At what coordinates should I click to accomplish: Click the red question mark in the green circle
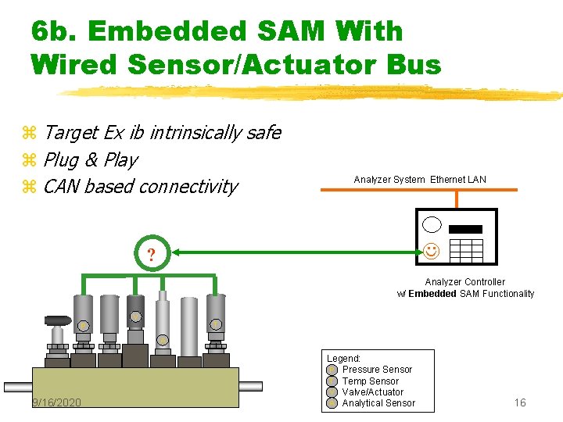pos(151,253)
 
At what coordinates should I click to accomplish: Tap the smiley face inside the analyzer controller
pos(430,251)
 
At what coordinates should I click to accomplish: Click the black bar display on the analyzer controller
pos(467,230)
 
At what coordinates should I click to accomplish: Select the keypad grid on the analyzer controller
pos(467,250)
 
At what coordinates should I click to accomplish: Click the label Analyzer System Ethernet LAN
pos(420,180)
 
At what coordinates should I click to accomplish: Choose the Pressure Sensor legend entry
pos(376,370)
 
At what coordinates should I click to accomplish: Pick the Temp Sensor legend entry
pos(370,381)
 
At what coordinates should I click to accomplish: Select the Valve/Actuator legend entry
pos(372,392)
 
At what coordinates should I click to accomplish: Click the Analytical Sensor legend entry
pos(378,403)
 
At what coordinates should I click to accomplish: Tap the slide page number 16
pos(520,402)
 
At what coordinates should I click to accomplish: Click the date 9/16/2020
pos(56,402)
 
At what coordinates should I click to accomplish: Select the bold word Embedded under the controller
pos(432,294)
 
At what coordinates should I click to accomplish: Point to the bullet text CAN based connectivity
pos(141,187)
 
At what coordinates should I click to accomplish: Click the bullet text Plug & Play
pos(91,160)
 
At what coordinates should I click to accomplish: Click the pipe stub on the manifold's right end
pos(250,386)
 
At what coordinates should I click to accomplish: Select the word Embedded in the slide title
pos(165,31)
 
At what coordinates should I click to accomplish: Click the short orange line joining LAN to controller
pos(452,200)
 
